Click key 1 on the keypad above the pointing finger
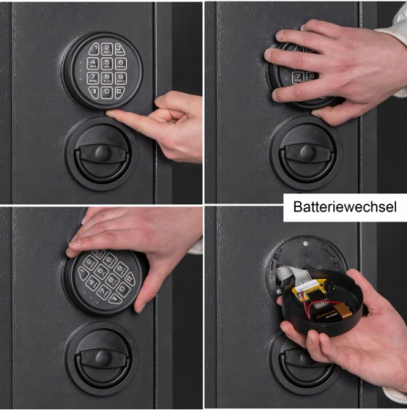click(x=94, y=49)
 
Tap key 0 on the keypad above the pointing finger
click(x=107, y=92)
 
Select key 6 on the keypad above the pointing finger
click(x=120, y=64)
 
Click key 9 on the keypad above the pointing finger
click(x=120, y=78)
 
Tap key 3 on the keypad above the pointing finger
click(x=120, y=49)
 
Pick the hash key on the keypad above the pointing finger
click(x=120, y=92)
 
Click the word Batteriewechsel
click(x=345, y=207)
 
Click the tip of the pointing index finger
click(x=109, y=114)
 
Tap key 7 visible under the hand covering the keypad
click(x=297, y=77)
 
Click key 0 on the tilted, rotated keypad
click(x=123, y=289)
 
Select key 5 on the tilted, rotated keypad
click(x=101, y=271)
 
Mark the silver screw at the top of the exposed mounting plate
click(x=305, y=243)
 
